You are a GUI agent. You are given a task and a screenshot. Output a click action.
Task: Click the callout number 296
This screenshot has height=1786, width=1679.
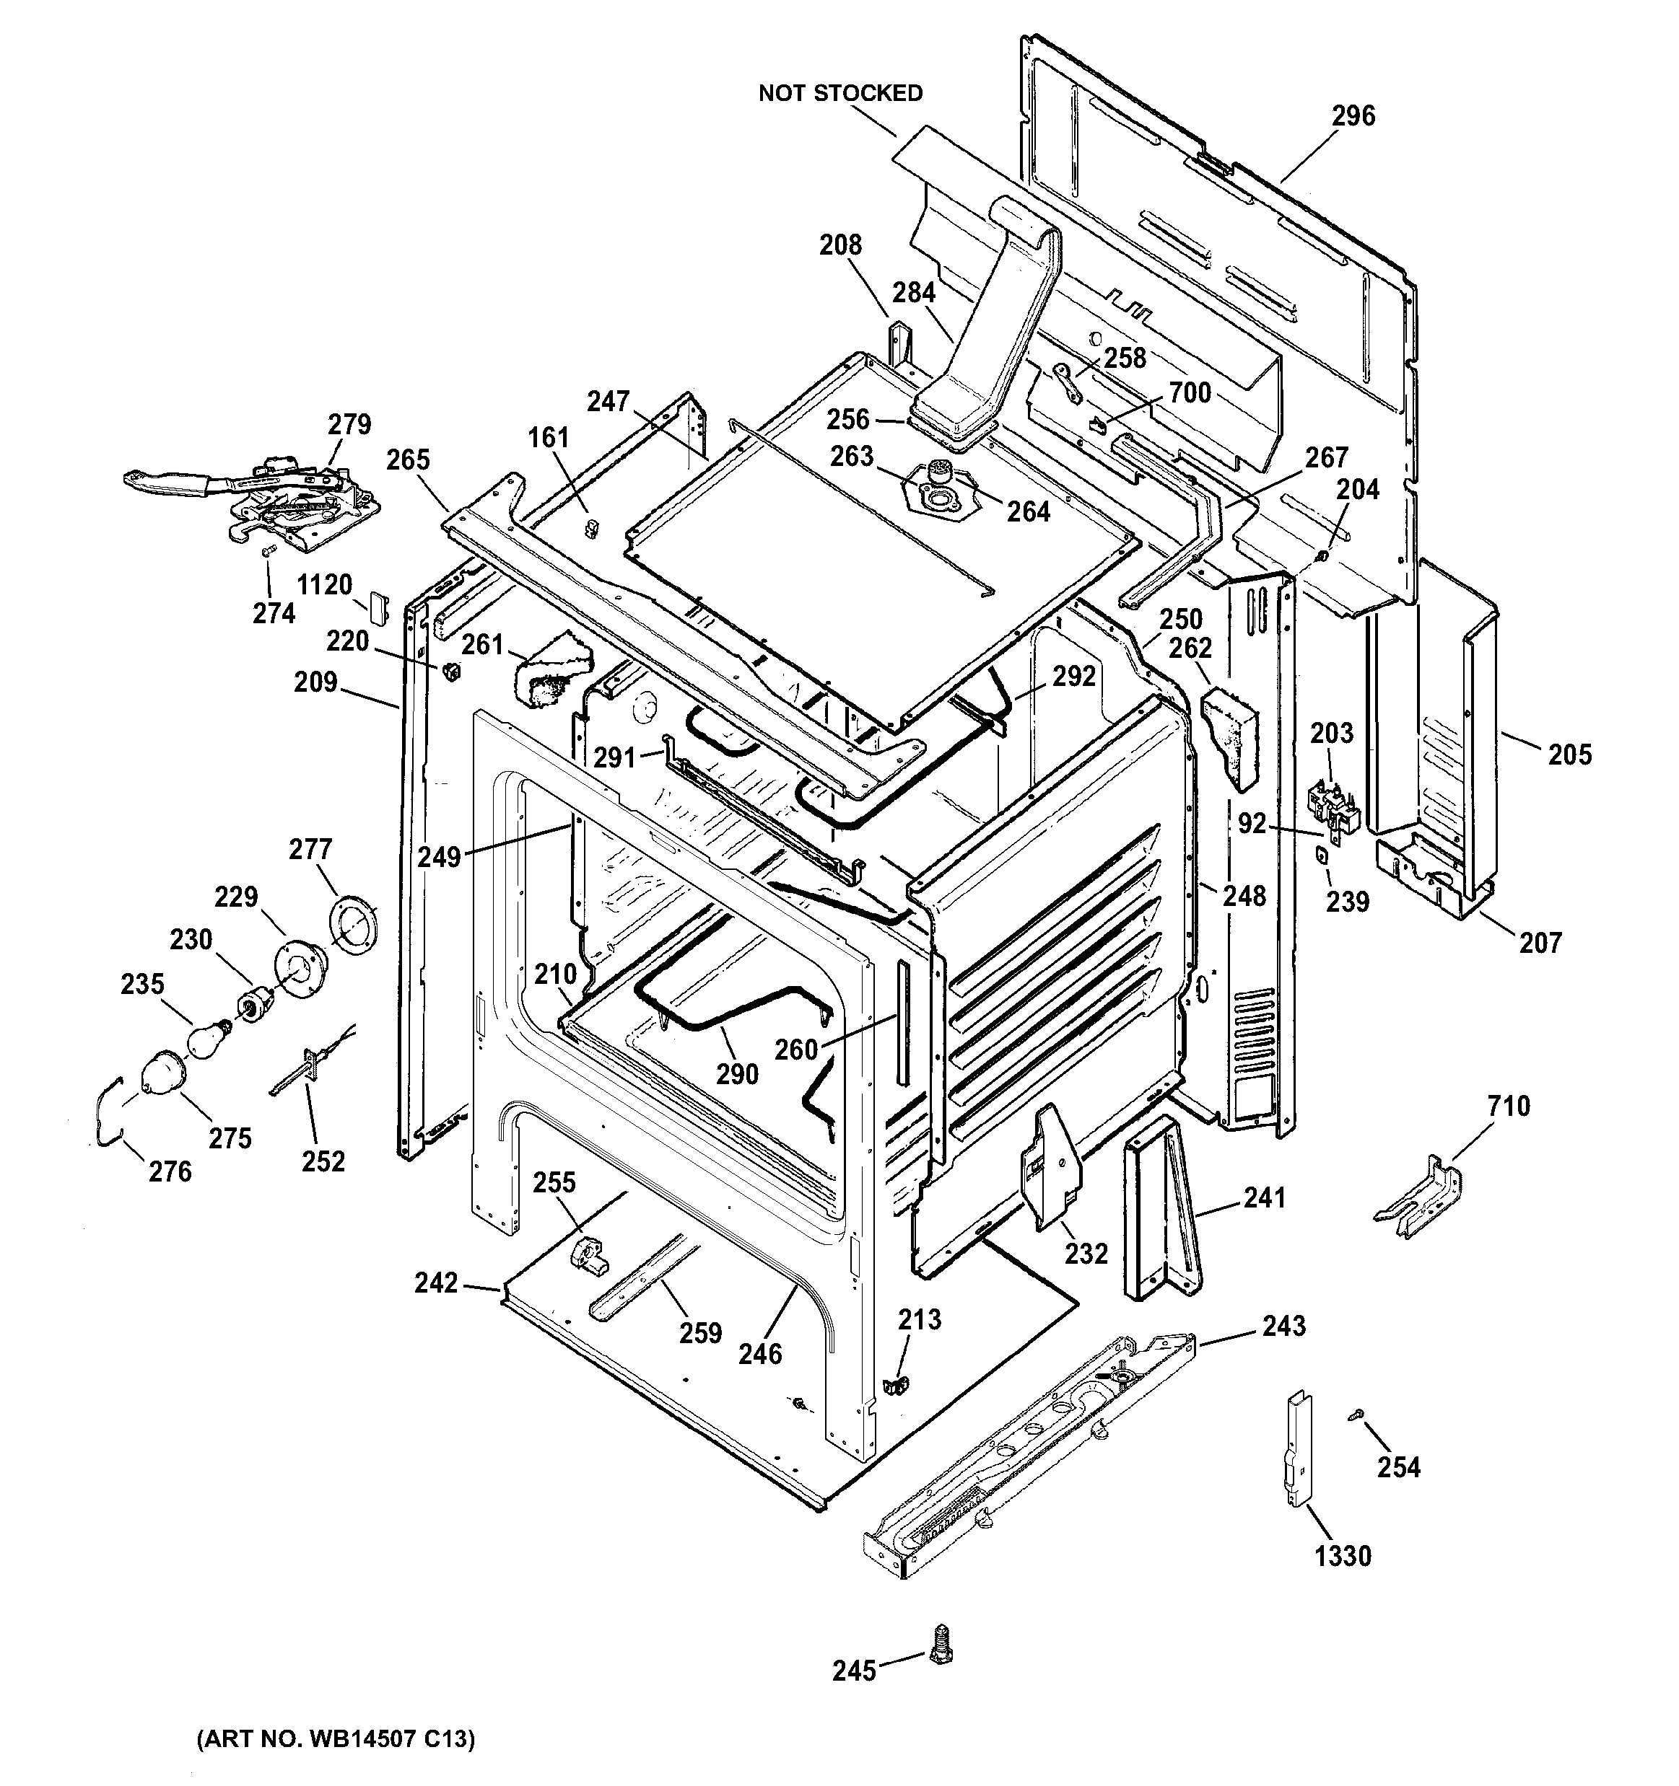(1353, 116)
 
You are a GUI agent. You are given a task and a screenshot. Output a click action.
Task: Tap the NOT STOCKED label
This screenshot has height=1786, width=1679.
(840, 94)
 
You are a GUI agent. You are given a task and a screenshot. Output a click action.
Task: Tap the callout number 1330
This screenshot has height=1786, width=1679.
(1343, 1555)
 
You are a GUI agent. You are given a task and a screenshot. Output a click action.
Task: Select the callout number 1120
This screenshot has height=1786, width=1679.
(325, 585)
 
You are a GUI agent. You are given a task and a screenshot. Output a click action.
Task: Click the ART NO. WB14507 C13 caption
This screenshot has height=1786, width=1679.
(335, 1738)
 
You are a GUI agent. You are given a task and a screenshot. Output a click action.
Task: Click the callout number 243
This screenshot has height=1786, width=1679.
(1283, 1325)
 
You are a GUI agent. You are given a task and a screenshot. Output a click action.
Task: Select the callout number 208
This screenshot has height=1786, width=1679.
(840, 245)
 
